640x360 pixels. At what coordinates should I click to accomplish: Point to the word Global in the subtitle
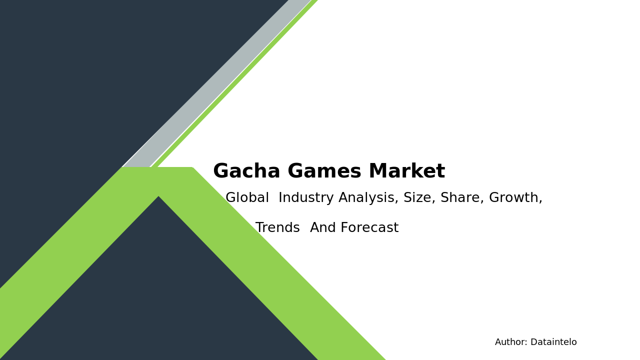point(247,198)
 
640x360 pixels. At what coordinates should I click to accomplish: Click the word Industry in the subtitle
point(306,198)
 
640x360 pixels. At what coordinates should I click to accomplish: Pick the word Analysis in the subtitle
point(368,198)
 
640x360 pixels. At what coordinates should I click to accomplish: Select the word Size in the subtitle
point(419,198)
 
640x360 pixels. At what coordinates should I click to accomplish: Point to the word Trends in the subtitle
point(277,228)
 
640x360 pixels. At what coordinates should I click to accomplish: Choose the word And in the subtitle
point(323,228)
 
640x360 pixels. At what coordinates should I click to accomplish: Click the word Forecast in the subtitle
point(370,228)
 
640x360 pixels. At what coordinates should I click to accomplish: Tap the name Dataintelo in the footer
point(553,342)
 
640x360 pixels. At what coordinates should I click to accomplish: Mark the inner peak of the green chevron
point(158,198)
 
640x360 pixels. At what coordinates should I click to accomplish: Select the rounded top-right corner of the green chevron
point(191,168)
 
